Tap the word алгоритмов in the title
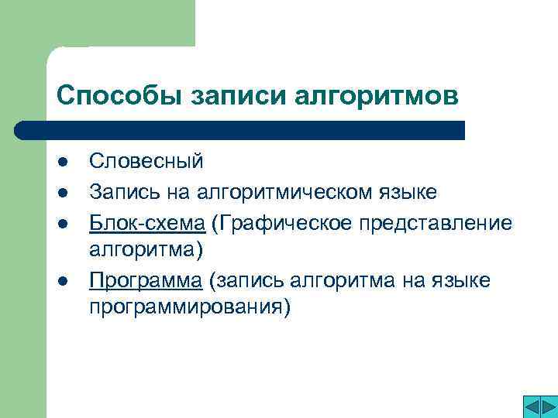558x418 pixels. (377, 97)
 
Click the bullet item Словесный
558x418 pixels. (146, 161)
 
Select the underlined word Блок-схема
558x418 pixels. (146, 222)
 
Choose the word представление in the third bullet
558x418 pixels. (438, 223)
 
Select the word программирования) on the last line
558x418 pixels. (190, 308)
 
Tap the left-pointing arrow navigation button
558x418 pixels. (513, 406)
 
